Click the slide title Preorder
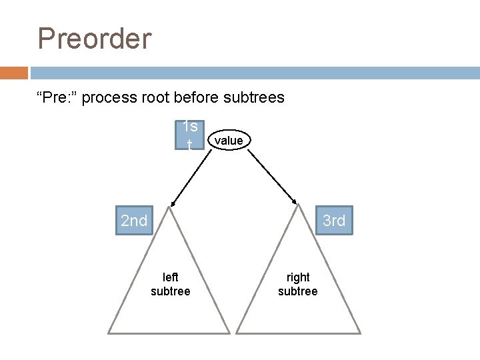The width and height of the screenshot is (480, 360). (x=95, y=39)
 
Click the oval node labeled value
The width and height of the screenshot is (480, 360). (x=229, y=140)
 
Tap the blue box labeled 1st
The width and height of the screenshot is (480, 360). (x=190, y=135)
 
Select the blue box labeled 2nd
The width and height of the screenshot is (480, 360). (x=134, y=221)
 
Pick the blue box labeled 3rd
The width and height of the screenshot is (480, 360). (x=333, y=221)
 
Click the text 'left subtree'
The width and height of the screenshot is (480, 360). (x=171, y=284)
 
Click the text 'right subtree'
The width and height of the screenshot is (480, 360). (x=298, y=284)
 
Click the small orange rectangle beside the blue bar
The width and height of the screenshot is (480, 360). (x=14, y=73)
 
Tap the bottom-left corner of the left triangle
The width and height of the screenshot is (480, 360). (x=109, y=332)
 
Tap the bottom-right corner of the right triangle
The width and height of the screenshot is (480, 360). (x=360, y=332)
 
